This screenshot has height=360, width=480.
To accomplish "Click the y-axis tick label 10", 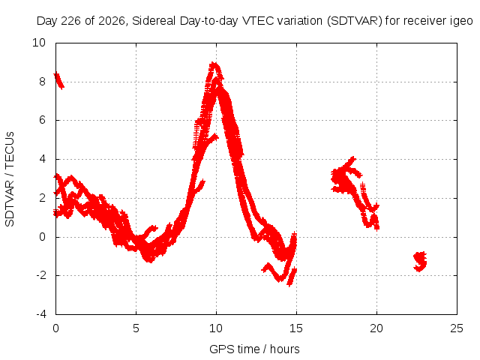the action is coord(39,43).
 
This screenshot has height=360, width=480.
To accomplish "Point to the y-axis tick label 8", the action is coord(42,82).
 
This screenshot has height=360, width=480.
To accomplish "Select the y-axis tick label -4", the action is coord(41,314).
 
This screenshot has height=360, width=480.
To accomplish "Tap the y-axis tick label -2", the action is coord(41,275).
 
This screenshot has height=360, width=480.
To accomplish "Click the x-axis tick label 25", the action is coord(457,328).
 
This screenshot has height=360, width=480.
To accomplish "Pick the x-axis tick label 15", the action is coord(296,328).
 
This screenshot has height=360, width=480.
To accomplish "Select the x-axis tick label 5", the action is coord(136,328).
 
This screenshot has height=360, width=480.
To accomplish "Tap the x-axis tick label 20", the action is coord(376,328).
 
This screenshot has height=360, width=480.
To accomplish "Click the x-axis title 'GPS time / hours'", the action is coord(254,349).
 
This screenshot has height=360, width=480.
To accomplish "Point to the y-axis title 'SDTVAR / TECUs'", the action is coord(10,179).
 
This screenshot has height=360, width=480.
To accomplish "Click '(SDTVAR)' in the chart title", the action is coord(355,21).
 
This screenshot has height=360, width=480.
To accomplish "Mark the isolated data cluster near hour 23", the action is coord(420,262).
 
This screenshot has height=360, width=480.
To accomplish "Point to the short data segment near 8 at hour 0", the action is coord(58,81).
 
